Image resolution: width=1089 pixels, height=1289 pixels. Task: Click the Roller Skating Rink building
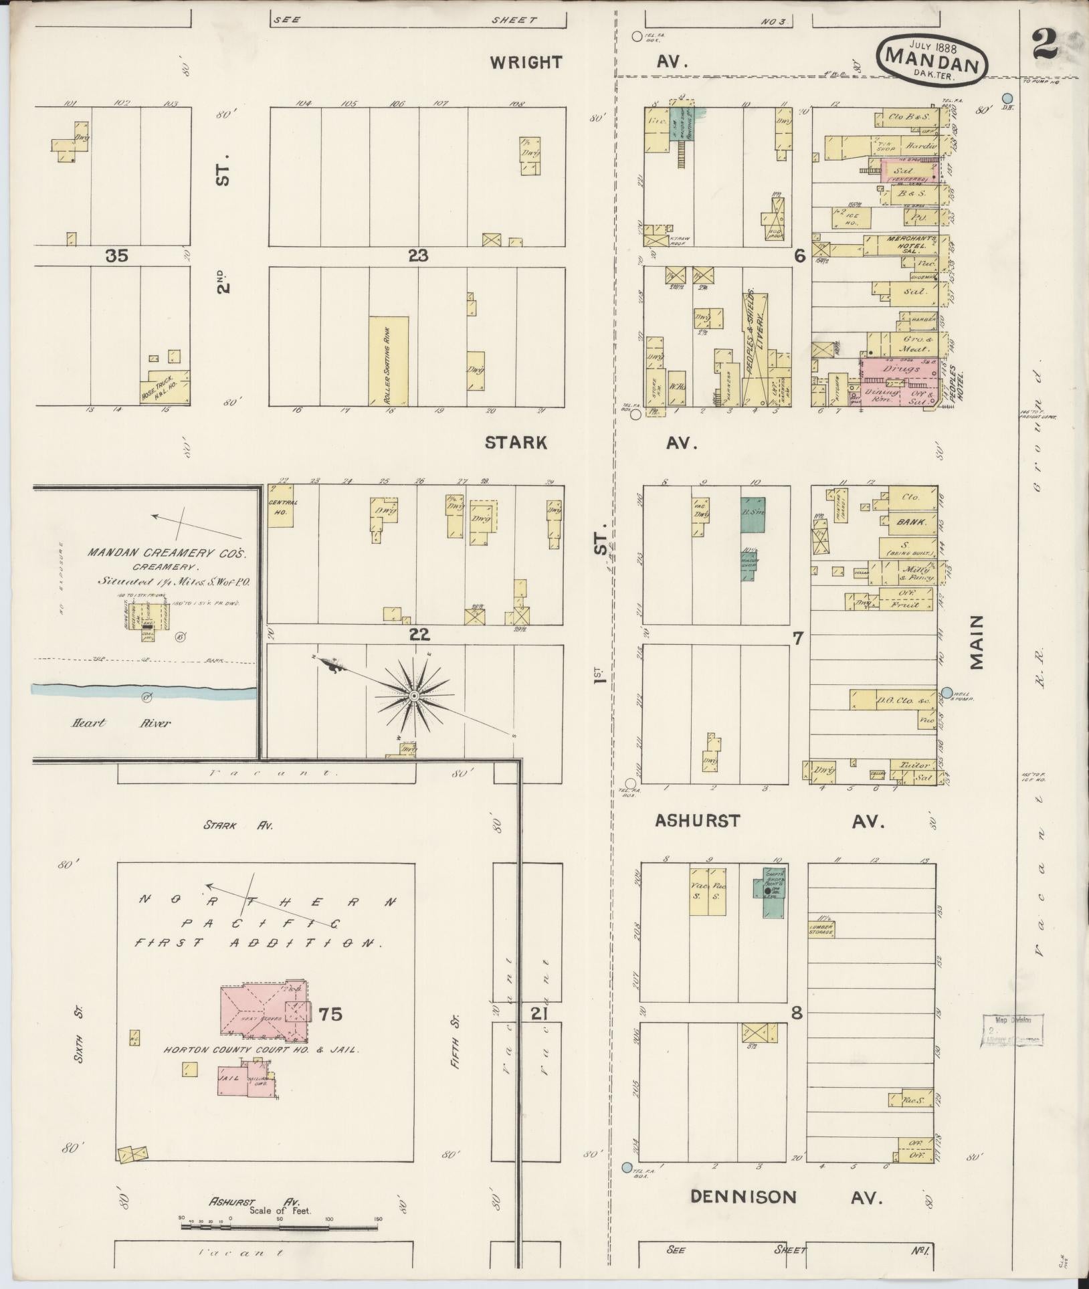click(388, 361)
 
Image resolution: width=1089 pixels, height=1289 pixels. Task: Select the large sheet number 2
click(1045, 45)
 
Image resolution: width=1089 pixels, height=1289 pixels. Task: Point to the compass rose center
click(414, 696)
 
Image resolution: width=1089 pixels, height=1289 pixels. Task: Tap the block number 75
click(330, 1033)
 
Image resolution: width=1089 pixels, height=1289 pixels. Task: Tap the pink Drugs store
click(900, 368)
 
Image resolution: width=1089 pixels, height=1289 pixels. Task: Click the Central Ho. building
click(281, 506)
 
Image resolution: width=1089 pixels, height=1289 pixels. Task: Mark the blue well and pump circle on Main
click(947, 692)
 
